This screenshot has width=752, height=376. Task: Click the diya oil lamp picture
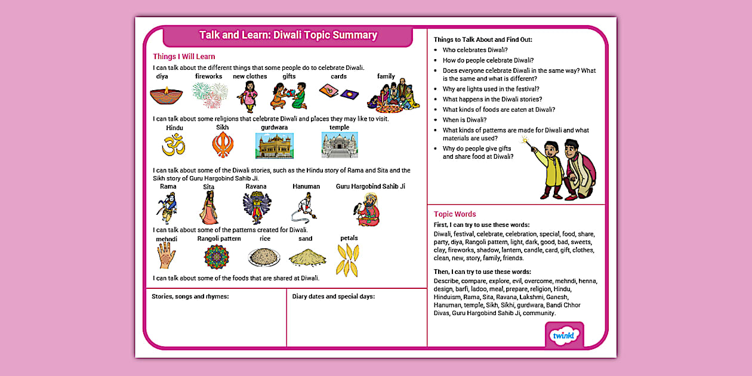pyautogui.click(x=166, y=94)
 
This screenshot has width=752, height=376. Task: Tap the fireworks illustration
pyautogui.click(x=209, y=94)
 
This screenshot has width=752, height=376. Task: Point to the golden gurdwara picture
pyautogui.click(x=275, y=145)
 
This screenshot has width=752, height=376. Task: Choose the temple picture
pyautogui.click(x=339, y=145)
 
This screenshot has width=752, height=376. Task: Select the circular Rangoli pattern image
pyautogui.click(x=216, y=257)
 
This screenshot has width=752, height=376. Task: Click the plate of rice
pyautogui.click(x=264, y=257)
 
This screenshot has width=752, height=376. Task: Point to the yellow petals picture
pyautogui.click(x=347, y=260)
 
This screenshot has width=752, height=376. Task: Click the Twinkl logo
pyautogui.click(x=564, y=335)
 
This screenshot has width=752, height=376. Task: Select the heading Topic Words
pyautogui.click(x=455, y=214)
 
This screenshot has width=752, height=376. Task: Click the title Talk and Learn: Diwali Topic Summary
pyautogui.click(x=288, y=35)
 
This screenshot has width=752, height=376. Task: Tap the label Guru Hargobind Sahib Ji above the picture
pyautogui.click(x=370, y=186)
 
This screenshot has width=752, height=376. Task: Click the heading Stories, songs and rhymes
pyautogui.click(x=190, y=296)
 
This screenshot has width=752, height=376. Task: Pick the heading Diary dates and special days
pyautogui.click(x=334, y=296)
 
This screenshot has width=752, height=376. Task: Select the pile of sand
pyautogui.click(x=307, y=257)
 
